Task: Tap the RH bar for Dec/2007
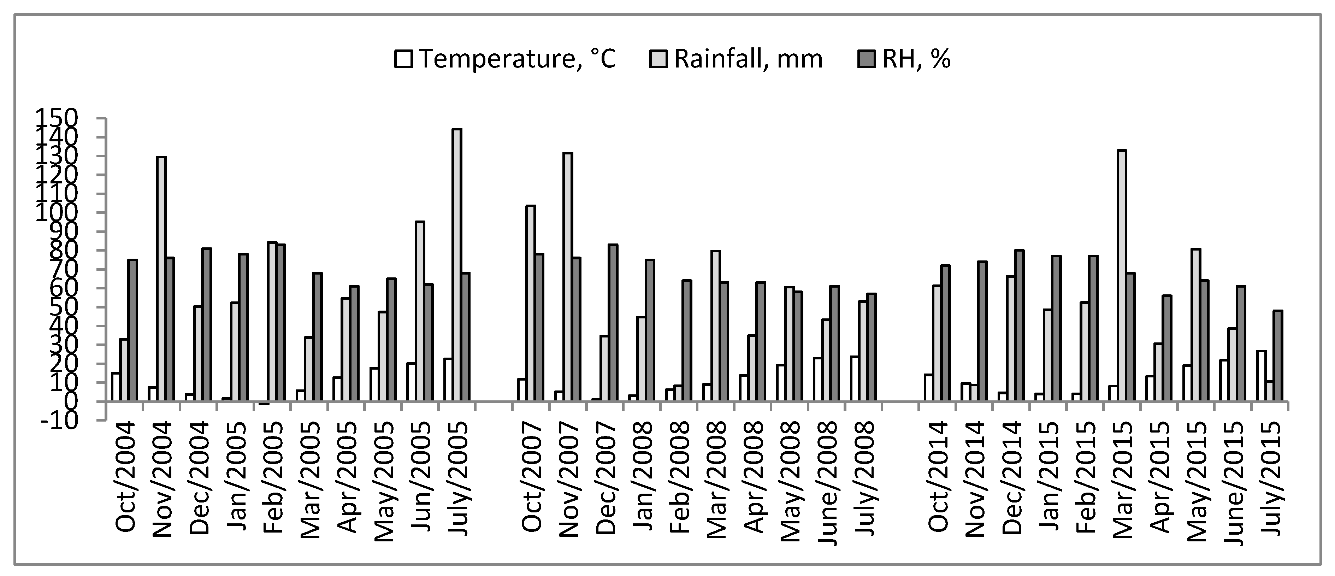(x=613, y=323)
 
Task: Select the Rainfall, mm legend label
(x=748, y=59)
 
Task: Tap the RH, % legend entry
(x=916, y=59)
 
